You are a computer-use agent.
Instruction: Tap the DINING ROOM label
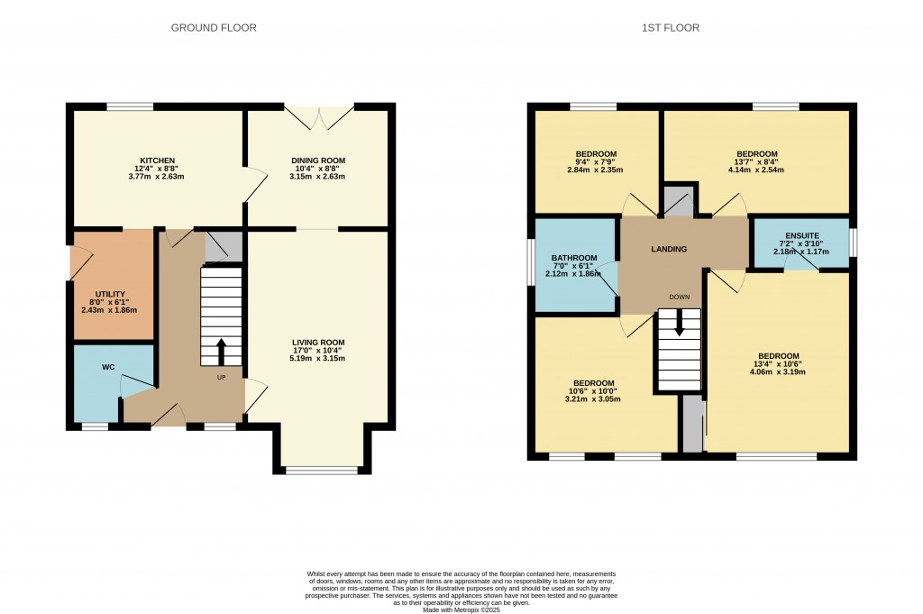coord(318,160)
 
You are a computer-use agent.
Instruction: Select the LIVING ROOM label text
coord(318,343)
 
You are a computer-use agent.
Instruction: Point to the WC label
coord(108,367)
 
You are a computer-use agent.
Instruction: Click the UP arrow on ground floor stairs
coord(221,352)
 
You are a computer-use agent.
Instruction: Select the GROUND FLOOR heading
coord(214,28)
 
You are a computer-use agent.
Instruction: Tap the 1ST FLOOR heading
coord(670,28)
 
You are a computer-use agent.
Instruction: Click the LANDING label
coord(670,249)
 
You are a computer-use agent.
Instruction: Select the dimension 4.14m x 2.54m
coord(756,170)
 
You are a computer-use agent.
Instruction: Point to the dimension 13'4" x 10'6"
coord(778,363)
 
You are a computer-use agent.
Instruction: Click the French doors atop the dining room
coord(318,117)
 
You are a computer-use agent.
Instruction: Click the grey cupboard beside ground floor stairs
coord(217,245)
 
